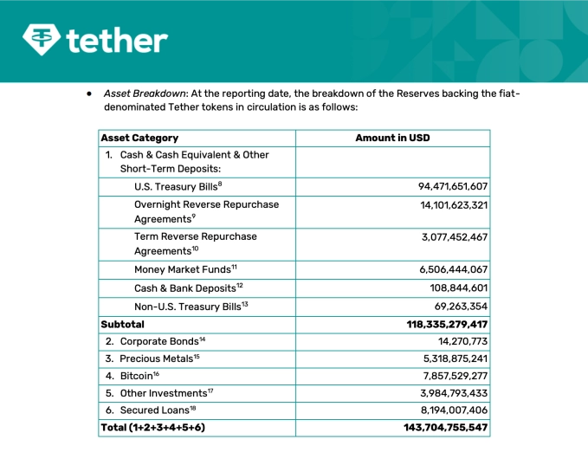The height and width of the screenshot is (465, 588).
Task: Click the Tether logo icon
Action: pos(42,39)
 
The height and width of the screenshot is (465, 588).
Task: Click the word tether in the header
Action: pos(116,40)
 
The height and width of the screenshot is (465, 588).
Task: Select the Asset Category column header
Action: pos(139,138)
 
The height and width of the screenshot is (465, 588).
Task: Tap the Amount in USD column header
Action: pos(392,138)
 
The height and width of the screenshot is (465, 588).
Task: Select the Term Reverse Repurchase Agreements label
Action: pos(195,243)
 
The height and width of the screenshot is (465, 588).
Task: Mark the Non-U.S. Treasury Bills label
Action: pos(191,307)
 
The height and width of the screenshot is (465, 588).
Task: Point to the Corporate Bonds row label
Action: pos(162,341)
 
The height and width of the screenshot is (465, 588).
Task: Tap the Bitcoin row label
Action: pos(139,376)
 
